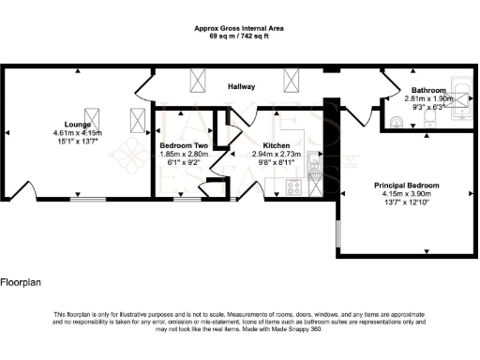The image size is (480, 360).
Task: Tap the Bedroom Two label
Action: (183, 146)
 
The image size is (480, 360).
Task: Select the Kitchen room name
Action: (276, 146)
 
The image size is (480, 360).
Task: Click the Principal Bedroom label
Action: (407, 186)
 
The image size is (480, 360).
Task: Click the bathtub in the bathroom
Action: (463, 97)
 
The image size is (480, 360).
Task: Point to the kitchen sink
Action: (316, 167)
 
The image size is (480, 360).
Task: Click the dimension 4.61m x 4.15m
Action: (76, 133)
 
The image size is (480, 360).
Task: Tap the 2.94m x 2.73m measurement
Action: (276, 154)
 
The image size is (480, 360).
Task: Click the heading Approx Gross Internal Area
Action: (239, 28)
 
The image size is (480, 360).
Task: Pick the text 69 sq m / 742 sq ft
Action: (239, 36)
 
